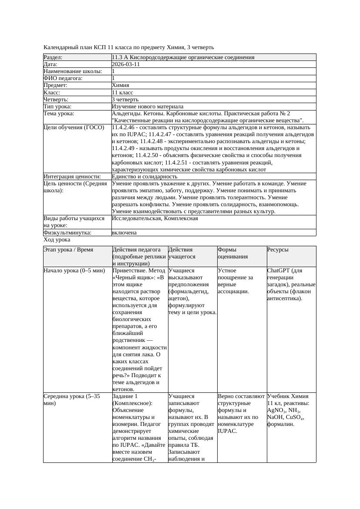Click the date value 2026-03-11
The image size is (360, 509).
[126, 64]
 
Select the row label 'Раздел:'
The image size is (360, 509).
[53, 57]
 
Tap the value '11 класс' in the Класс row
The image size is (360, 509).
[122, 93]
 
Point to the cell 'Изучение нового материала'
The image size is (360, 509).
[148, 107]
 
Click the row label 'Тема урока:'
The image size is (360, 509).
[59, 114]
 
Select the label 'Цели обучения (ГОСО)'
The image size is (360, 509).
[74, 127]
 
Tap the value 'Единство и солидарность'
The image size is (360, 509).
[145, 177]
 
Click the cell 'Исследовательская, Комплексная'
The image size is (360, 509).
[155, 218]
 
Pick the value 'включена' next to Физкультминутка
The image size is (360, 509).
[124, 233]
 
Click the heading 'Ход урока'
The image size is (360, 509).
[57, 240]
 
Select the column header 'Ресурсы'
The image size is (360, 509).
[278, 250]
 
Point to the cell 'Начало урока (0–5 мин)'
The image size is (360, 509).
[74, 271]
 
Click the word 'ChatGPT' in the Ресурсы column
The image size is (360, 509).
[279, 271]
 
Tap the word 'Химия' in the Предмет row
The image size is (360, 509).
[120, 86]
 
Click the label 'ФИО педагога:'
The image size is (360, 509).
[63, 78]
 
